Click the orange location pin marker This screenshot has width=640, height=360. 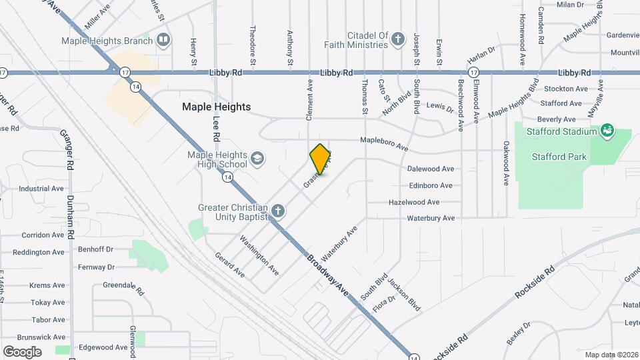click(x=321, y=159)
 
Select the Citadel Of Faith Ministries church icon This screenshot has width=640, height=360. click(x=398, y=39)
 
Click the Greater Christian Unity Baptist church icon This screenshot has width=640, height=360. click(x=278, y=212)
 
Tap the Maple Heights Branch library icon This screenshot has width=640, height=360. click(x=163, y=41)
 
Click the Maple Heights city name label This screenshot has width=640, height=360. click(x=217, y=107)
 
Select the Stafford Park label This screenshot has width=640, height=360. click(x=559, y=157)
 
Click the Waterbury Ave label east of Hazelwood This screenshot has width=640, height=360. click(x=431, y=218)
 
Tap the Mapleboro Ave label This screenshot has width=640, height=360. click(x=383, y=141)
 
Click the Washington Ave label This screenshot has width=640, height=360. click(x=259, y=255)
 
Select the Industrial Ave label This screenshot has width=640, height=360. click(x=41, y=189)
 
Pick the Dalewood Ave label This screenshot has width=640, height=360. click(x=430, y=169)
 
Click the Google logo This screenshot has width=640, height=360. click(x=22, y=352)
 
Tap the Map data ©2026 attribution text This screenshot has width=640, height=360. click(x=611, y=355)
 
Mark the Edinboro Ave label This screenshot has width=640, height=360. click(x=430, y=185)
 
